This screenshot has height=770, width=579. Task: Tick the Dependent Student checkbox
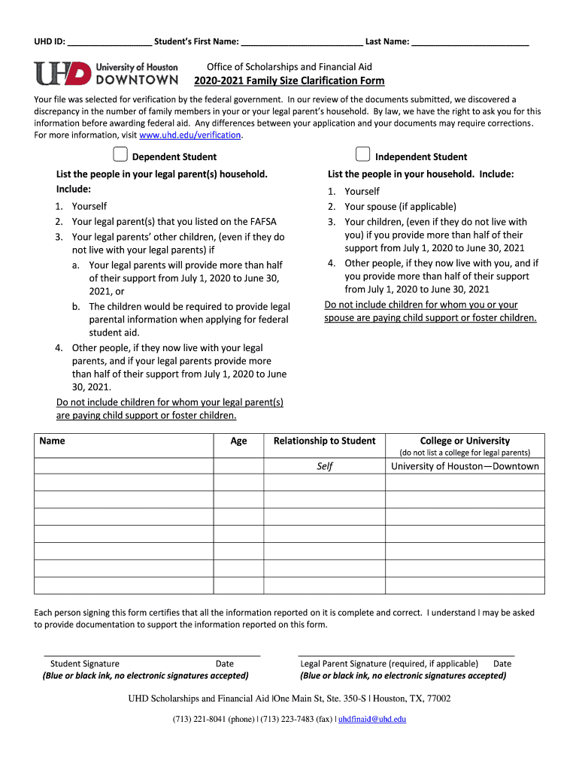[120, 155]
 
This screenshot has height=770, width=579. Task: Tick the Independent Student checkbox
[362, 155]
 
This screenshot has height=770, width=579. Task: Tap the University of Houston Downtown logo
[106, 73]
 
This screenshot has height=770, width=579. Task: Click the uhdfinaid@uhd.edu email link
[372, 719]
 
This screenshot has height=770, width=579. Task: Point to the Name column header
[53, 441]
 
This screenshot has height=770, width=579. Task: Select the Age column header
[238, 441]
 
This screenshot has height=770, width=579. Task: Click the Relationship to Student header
[324, 441]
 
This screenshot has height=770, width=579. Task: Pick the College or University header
[465, 441]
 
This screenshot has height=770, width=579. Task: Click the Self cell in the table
[324, 466]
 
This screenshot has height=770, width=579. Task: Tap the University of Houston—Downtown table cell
[465, 466]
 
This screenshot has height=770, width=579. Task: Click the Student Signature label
[84, 664]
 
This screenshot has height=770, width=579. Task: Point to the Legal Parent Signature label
[389, 664]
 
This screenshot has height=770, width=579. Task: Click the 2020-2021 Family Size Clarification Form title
[289, 81]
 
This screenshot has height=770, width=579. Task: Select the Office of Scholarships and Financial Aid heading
[289, 67]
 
